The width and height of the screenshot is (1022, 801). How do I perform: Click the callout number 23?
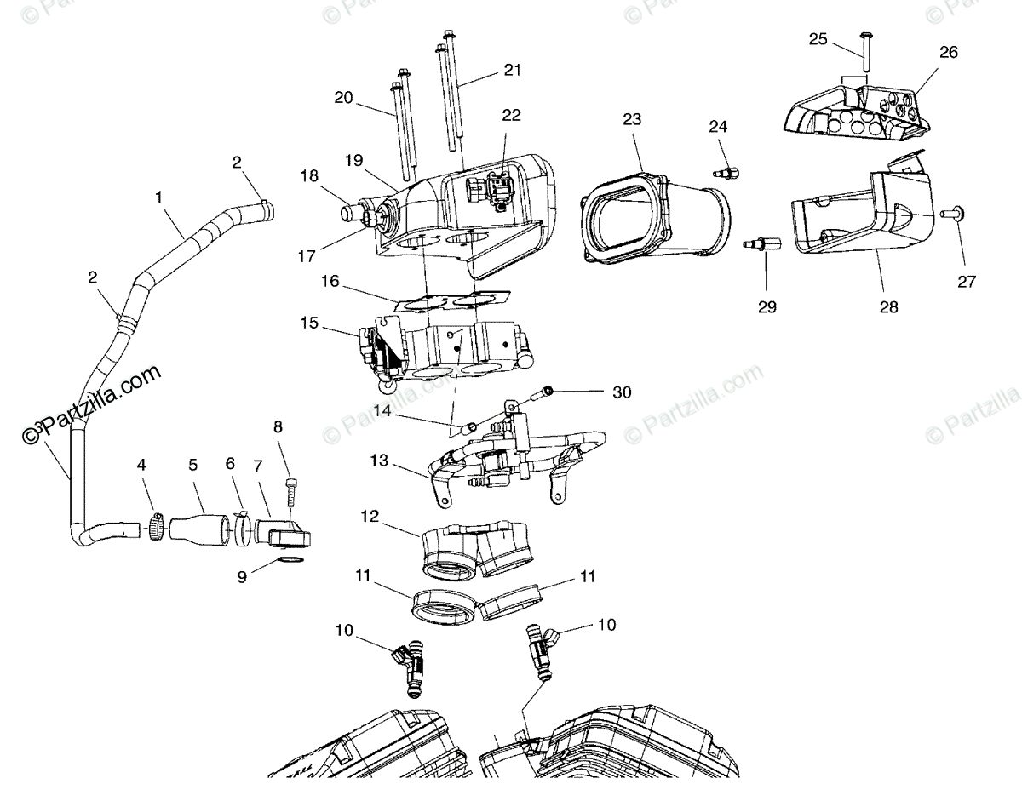(x=631, y=119)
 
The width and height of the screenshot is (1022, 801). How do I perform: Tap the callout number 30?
(x=623, y=392)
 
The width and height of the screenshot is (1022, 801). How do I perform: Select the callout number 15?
(x=309, y=323)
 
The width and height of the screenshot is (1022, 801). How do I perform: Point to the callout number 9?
(x=242, y=576)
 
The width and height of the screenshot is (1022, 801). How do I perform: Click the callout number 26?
(x=948, y=52)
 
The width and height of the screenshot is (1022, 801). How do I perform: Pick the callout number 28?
(x=888, y=306)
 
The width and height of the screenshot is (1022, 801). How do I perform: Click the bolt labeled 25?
(x=865, y=53)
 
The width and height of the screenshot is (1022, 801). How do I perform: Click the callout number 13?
(x=378, y=461)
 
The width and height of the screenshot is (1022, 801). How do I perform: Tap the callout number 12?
(x=369, y=516)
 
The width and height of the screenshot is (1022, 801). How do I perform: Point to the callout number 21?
(x=512, y=70)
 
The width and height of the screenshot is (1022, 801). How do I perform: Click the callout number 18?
(x=309, y=176)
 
